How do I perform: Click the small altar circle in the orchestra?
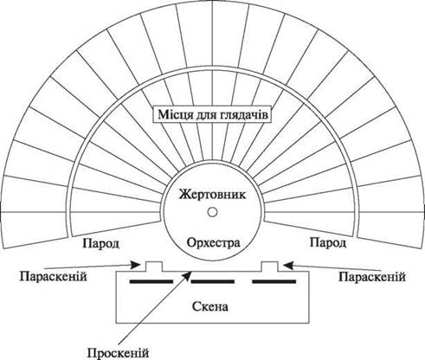(212, 212)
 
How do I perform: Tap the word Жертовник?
(212, 195)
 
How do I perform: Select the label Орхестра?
(213, 243)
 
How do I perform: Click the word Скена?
(210, 306)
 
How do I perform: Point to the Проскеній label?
(118, 353)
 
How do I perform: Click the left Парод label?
(101, 243)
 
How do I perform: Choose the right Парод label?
(328, 242)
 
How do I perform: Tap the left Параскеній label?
(54, 277)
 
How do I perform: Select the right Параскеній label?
(372, 277)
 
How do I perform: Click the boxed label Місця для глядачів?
(212, 115)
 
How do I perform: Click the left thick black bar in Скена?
(151, 281)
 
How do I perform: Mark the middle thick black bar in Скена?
(213, 281)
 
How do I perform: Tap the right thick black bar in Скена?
(274, 281)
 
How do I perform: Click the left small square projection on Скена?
(154, 267)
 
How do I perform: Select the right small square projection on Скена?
(270, 267)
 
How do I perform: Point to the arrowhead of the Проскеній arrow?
(189, 274)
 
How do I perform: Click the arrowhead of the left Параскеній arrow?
(136, 265)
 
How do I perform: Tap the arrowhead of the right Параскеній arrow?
(288, 265)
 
